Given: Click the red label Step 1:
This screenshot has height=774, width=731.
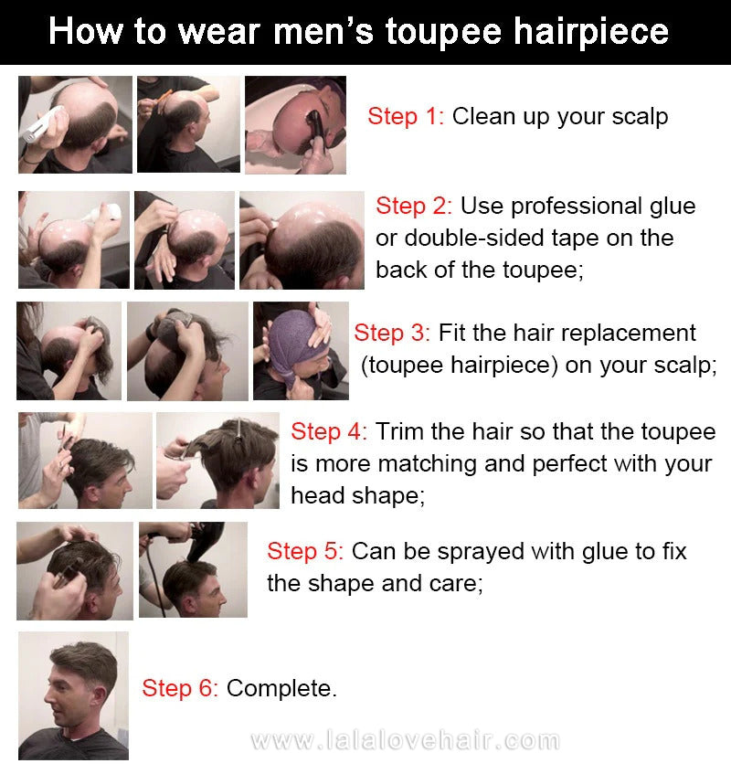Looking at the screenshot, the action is [406, 116].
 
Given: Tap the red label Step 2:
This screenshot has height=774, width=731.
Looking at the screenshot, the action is [414, 206].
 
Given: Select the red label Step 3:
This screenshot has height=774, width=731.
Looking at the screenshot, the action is [392, 333].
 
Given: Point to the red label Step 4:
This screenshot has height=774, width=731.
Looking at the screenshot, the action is [329, 431].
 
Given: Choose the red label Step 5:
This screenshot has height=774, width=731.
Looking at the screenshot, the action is [305, 551].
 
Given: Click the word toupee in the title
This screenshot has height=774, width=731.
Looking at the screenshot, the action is [443, 33].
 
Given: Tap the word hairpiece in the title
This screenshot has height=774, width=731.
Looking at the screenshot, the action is [591, 34].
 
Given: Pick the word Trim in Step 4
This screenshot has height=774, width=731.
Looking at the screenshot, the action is [398, 431].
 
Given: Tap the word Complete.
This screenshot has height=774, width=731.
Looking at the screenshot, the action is [281, 689].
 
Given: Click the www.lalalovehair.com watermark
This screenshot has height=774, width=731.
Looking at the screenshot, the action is [405, 740].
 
